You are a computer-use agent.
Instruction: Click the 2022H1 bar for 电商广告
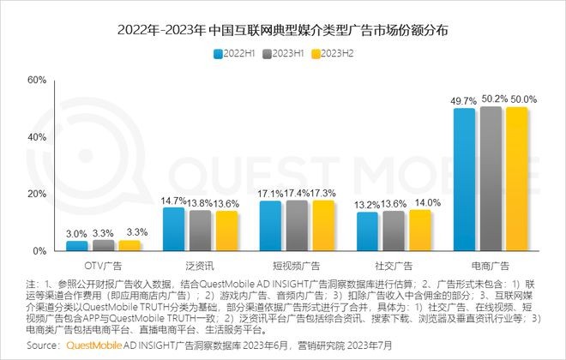464,180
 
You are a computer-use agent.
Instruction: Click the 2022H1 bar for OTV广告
77,246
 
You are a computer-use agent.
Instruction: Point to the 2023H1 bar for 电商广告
491,179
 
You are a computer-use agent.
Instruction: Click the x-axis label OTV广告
103,266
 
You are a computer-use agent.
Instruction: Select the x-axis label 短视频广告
296,266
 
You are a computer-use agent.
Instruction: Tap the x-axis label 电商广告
491,266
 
